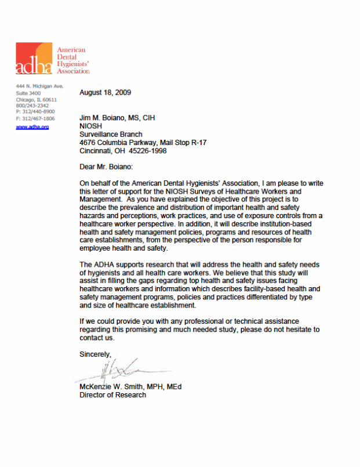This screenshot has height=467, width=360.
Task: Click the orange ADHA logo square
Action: pyautogui.click(x=34, y=58)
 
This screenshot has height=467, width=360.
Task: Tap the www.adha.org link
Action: pyautogui.click(x=32, y=126)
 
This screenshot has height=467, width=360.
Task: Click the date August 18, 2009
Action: pyautogui.click(x=105, y=93)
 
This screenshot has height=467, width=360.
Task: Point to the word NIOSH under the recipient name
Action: pyautogui.click(x=90, y=126)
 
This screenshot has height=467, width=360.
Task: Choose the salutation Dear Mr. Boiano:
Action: pyautogui.click(x=106, y=167)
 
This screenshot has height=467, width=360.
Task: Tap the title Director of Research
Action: pyautogui.click(x=112, y=395)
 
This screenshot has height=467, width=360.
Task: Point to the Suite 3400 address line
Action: pyautogui.click(x=28, y=93)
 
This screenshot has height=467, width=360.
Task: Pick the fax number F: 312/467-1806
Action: pyautogui.click(x=35, y=118)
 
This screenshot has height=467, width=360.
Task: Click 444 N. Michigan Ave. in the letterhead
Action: pyautogui.click(x=39, y=86)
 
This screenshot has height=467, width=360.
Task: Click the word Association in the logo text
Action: pyautogui.click(x=72, y=71)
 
